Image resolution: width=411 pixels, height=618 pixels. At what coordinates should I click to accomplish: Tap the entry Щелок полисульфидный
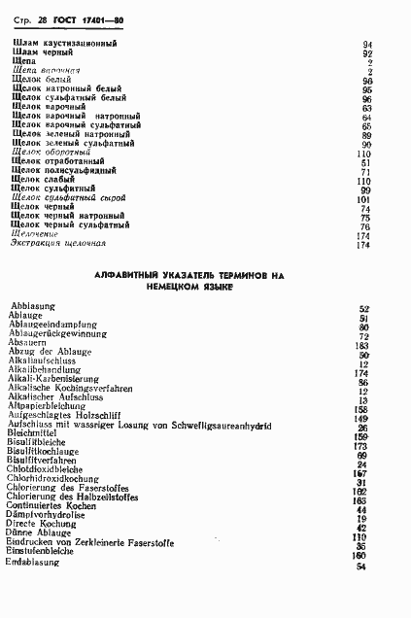60,171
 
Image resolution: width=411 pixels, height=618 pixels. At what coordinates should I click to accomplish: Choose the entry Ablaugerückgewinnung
55,335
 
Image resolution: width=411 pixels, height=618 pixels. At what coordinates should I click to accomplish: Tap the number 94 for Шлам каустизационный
367,46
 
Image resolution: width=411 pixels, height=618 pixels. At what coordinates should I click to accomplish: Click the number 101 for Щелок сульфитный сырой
364,199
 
